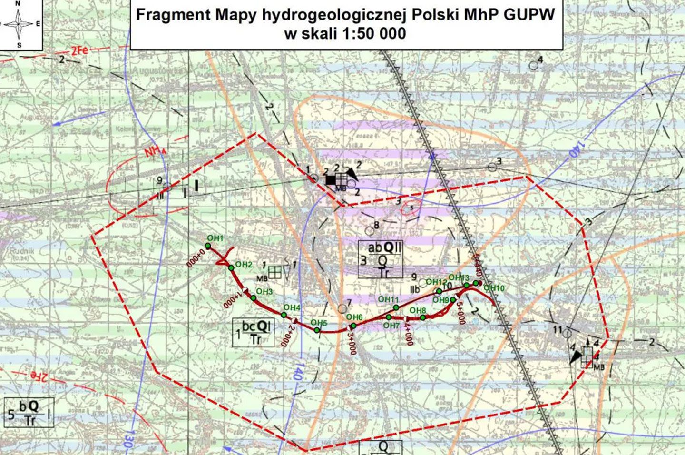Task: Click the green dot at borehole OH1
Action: pyautogui.click(x=207, y=246)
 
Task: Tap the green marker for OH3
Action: pyautogui.click(x=254, y=298)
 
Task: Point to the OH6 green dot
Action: pyautogui.click(x=353, y=326)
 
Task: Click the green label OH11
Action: pyautogui.click(x=388, y=299)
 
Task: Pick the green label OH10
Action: pyautogui.click(x=494, y=288)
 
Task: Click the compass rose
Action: pyautogui.click(x=19, y=24)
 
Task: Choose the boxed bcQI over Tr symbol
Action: pyautogui.click(x=254, y=332)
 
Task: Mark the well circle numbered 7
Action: pyautogui.click(x=342, y=309)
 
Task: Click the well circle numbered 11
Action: pyautogui.click(x=567, y=333)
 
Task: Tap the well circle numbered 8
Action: pyautogui.click(x=370, y=231)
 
